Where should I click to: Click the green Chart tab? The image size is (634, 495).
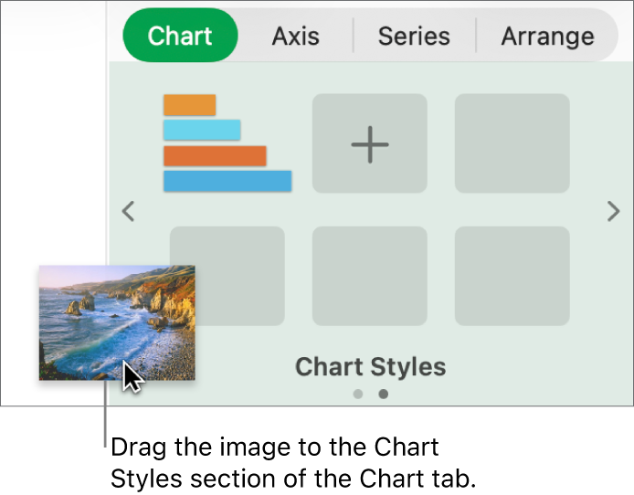[180, 37]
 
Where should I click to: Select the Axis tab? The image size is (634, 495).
[296, 37]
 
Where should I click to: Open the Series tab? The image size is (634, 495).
[414, 37]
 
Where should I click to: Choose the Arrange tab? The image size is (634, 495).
[547, 37]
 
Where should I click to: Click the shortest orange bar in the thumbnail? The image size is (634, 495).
[189, 105]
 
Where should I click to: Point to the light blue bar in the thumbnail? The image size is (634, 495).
[202, 130]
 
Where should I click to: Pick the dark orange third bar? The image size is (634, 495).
[215, 155]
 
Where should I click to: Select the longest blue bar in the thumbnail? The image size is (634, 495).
[227, 181]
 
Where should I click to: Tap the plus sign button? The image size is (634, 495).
[370, 143]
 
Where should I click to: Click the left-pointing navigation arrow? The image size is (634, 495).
[129, 212]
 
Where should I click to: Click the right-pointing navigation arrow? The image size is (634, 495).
[613, 212]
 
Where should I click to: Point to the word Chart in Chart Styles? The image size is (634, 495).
[326, 367]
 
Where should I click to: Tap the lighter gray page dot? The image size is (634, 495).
[358, 395]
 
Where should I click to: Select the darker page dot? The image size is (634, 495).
[384, 395]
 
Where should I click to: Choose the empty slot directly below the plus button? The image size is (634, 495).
[370, 276]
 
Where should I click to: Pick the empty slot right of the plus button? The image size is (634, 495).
[512, 143]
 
